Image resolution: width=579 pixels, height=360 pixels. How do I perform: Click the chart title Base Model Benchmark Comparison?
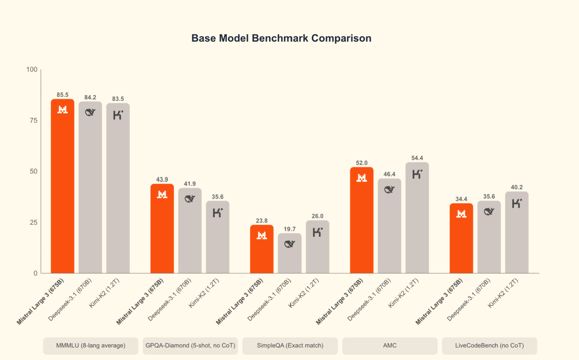tap(281, 38)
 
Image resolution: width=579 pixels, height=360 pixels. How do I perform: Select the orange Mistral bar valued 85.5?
tap(63, 188)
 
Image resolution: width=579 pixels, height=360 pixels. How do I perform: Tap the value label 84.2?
tap(90, 97)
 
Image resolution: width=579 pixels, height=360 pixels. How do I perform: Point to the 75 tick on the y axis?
tap(33, 120)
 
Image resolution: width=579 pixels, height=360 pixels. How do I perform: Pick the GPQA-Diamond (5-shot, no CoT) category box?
tap(190, 346)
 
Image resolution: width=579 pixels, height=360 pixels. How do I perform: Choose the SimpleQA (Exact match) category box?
tap(290, 346)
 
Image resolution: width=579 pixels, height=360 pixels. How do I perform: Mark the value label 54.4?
tap(417, 158)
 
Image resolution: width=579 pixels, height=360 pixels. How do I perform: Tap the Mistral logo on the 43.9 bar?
tap(162, 194)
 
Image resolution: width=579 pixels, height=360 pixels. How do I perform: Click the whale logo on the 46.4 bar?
tap(389, 189)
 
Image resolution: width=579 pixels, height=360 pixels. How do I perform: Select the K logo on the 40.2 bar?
tap(517, 203)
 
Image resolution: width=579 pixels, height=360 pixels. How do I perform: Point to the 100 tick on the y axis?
tap(32, 70)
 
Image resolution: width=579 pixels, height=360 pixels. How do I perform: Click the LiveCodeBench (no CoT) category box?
tap(489, 346)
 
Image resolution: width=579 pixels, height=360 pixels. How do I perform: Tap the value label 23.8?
tap(262, 221)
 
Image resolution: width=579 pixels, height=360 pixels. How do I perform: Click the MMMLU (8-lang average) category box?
tap(91, 346)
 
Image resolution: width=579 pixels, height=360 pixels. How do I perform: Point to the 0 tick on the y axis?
tap(35, 273)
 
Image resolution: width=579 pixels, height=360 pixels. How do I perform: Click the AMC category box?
tap(389, 346)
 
